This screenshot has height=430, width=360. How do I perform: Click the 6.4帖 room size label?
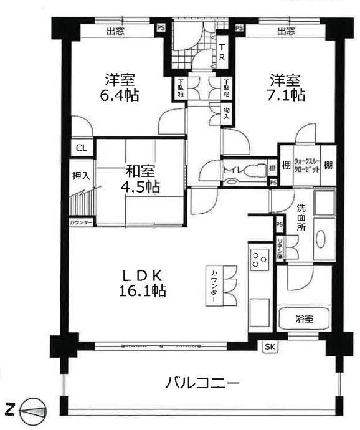[121, 95]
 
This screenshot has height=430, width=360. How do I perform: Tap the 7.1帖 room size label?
[286, 95]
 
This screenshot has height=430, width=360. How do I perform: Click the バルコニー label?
[202, 383]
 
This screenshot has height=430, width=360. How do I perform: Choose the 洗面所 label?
[301, 219]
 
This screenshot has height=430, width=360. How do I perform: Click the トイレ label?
[234, 169]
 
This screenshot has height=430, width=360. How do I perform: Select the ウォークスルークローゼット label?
[301, 165]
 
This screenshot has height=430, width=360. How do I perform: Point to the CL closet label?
[81, 148]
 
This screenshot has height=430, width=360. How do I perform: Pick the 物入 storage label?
[226, 113]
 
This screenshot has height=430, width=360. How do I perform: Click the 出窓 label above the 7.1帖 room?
[286, 31]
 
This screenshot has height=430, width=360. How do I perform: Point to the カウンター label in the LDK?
[213, 285]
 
